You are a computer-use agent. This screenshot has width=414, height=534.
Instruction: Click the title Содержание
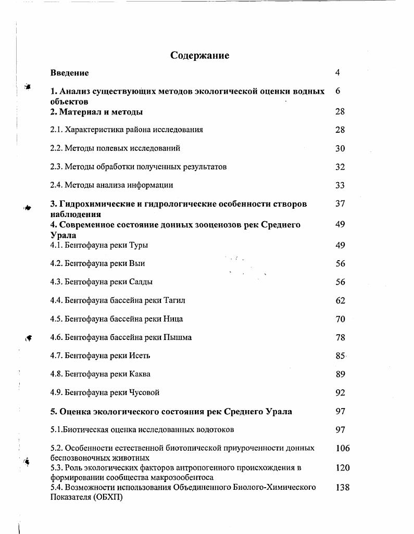click(199, 55)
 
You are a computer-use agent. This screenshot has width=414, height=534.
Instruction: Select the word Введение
click(69, 73)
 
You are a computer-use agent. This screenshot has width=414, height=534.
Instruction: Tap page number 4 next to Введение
click(337, 72)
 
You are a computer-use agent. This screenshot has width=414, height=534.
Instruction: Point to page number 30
click(340, 148)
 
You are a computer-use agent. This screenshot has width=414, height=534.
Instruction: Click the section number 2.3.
click(56, 167)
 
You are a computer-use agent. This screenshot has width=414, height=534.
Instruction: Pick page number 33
click(340, 185)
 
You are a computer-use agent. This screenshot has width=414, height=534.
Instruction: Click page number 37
click(340, 204)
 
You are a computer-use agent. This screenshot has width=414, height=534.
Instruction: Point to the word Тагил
click(174, 300)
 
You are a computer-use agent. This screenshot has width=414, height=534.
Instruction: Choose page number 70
click(340, 319)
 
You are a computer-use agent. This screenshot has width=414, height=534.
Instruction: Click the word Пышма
click(178, 337)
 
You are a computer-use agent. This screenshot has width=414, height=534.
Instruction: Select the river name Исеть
click(140, 356)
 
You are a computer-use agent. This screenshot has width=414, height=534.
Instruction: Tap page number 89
click(340, 374)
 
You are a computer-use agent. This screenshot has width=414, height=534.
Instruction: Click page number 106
click(342, 448)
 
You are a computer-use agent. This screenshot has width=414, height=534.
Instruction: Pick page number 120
click(342, 468)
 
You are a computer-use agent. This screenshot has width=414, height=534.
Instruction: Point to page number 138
click(342, 488)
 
